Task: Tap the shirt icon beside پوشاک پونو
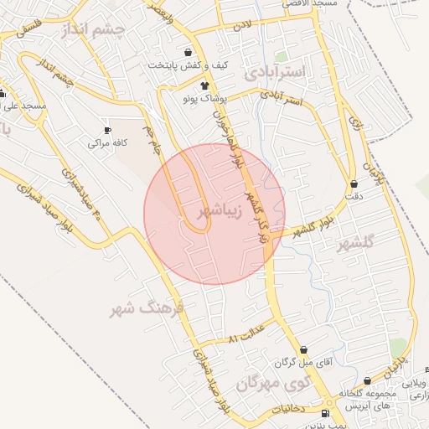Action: point(204,85)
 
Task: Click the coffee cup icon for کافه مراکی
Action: point(107,130)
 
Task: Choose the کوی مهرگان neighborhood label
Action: point(272,384)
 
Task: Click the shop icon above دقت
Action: point(354,183)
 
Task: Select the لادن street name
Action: point(242,27)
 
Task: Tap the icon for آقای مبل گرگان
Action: point(303,349)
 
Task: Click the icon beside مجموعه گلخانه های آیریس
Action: point(368,379)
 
